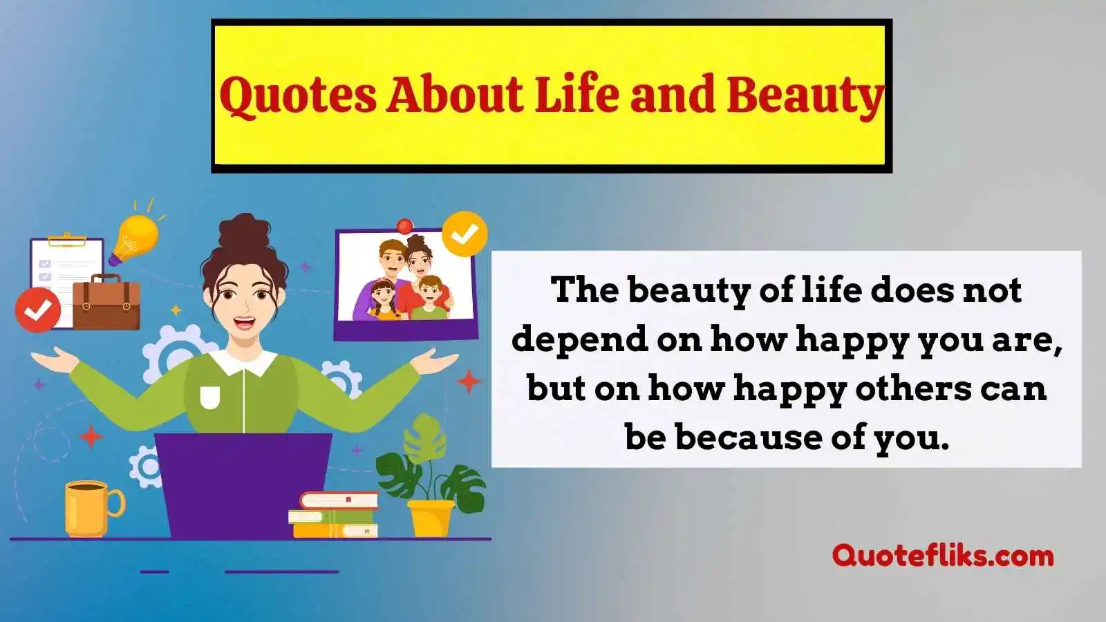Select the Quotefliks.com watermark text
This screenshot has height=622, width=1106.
pyautogui.click(x=943, y=556)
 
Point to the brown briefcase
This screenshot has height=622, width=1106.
pyautogui.click(x=106, y=302)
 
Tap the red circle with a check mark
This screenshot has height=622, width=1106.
pyautogui.click(x=38, y=310)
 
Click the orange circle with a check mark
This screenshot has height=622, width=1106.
pyautogui.click(x=465, y=234)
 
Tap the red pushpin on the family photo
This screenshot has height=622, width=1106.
pyautogui.click(x=404, y=226)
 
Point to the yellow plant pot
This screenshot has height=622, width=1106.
pyautogui.click(x=431, y=518)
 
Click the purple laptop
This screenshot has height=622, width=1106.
pyautogui.click(x=243, y=486)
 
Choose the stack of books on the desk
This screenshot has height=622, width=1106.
pyautogui.click(x=334, y=515)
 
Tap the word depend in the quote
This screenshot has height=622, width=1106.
pyautogui.click(x=580, y=341)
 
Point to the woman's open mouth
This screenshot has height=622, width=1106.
pyautogui.click(x=245, y=323)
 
